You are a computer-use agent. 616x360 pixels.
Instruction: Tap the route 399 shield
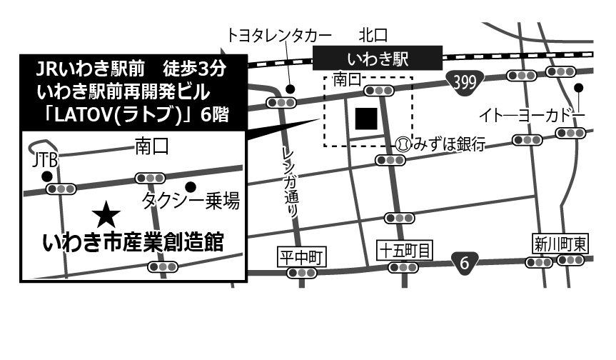tap(464, 81)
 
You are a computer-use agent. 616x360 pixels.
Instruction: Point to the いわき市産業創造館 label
tap(133, 242)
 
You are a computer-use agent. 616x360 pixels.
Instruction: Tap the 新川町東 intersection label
tap(560, 244)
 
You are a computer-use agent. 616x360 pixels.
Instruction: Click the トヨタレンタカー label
tap(279, 34)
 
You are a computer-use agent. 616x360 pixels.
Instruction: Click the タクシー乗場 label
tap(190, 201)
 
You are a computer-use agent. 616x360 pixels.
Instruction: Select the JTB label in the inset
tap(45, 161)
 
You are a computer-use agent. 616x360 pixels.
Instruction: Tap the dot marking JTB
tap(46, 176)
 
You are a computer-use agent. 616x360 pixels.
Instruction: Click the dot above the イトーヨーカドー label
tap(579, 89)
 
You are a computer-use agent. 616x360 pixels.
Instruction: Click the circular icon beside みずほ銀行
tap(404, 144)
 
